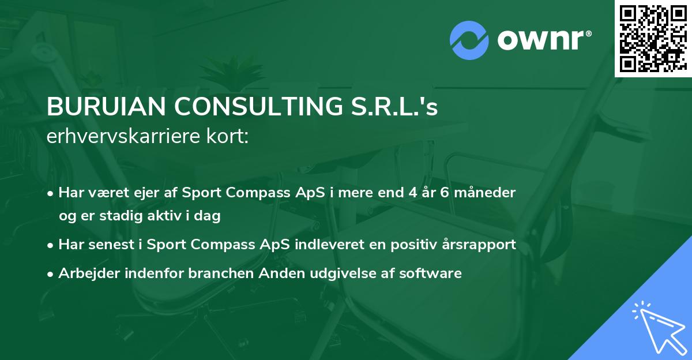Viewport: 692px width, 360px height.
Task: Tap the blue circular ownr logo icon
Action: (x=469, y=40)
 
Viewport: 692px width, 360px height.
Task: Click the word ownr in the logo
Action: (x=543, y=40)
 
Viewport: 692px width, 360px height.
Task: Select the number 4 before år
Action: (x=413, y=192)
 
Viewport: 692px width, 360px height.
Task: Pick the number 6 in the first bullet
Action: (x=446, y=192)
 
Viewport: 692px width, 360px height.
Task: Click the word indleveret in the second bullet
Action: (x=319, y=244)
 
